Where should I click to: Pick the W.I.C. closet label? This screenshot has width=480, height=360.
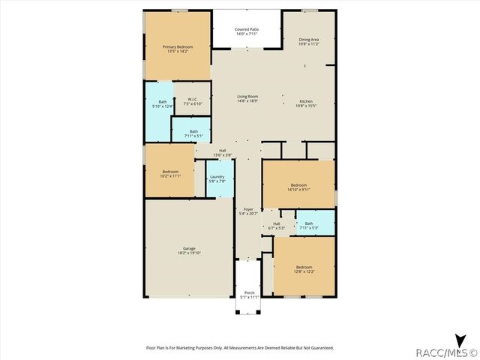(192, 101)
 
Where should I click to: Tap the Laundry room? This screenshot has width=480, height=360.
(217, 178)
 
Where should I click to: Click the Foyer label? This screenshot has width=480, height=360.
(247, 213)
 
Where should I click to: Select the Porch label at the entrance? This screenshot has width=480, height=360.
(249, 294)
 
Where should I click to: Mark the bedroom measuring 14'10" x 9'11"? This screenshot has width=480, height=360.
(298, 187)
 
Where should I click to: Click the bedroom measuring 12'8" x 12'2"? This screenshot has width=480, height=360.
(304, 268)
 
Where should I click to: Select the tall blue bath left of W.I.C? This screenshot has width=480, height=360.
(162, 105)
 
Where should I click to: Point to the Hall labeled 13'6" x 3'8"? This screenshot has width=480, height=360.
(222, 152)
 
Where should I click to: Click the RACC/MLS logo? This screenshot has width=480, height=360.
(447, 351)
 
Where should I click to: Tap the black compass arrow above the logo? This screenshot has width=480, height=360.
(458, 338)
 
